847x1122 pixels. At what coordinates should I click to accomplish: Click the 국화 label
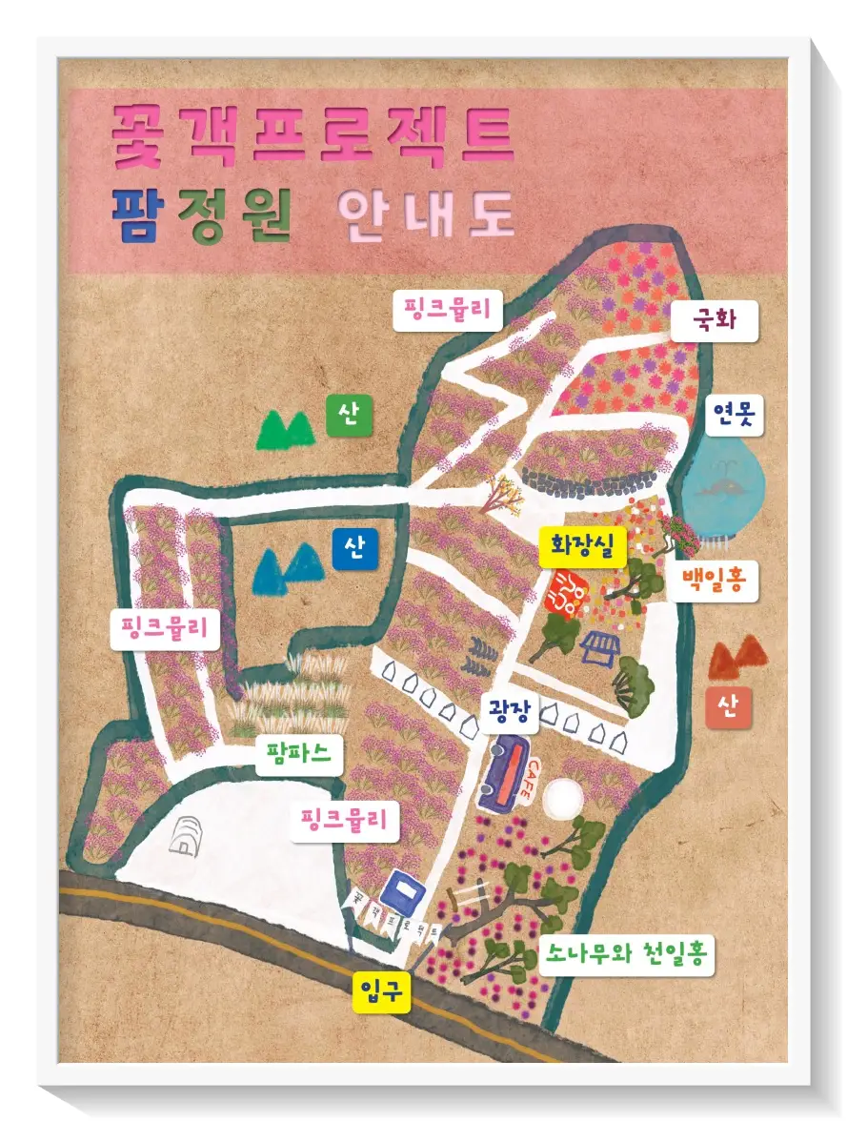click(715, 321)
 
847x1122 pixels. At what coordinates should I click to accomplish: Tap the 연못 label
click(736, 415)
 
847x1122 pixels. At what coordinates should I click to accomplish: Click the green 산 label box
click(350, 417)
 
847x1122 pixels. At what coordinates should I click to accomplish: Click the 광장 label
click(509, 712)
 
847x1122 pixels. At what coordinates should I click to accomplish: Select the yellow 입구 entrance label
click(381, 992)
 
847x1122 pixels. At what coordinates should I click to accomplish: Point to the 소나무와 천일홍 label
click(626, 953)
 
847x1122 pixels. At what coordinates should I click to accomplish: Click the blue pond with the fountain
click(726, 482)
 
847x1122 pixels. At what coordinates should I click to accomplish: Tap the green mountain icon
click(285, 430)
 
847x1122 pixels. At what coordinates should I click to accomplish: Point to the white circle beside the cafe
click(562, 799)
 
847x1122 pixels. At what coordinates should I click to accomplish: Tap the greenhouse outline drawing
click(187, 835)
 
